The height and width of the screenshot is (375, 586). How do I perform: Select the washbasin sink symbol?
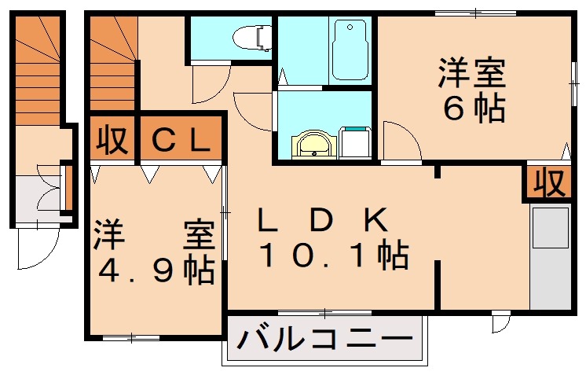click(x=313, y=145)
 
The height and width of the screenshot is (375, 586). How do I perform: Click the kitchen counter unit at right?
click(x=550, y=256)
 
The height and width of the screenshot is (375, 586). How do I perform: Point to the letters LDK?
click(x=323, y=221)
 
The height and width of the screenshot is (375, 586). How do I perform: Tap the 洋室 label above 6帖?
click(x=471, y=75)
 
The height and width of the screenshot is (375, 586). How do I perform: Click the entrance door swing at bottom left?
click(x=36, y=250)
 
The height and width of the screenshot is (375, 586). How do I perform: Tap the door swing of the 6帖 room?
click(x=401, y=142)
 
